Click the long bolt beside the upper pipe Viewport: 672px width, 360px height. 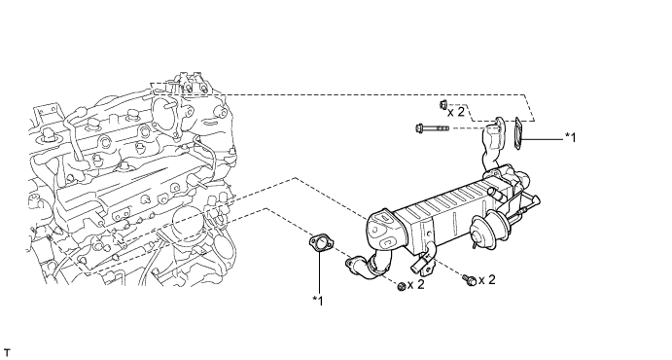(432, 127)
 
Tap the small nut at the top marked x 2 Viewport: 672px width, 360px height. (443, 104)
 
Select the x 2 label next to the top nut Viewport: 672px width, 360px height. (456, 112)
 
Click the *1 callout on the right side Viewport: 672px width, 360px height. (571, 137)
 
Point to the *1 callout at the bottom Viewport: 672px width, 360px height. (318, 301)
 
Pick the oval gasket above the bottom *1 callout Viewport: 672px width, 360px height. (319, 243)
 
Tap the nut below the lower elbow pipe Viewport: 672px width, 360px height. (401, 287)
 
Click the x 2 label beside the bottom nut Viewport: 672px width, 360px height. (415, 284)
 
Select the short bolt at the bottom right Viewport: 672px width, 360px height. (469, 280)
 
